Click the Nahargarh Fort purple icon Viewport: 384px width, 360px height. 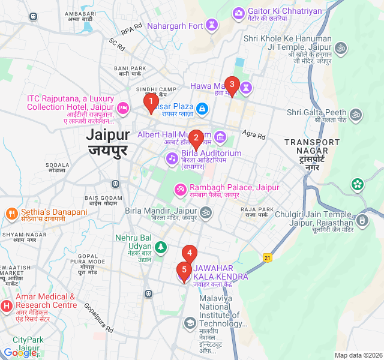[x=211, y=25]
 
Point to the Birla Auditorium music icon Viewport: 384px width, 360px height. [x=172, y=157]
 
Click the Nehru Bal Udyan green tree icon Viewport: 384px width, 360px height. [x=160, y=247]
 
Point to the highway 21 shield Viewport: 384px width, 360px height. [x=267, y=257]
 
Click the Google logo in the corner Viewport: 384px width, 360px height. [x=19, y=353]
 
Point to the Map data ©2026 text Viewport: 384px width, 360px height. [x=358, y=355]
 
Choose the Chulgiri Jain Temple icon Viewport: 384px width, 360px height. [x=362, y=221]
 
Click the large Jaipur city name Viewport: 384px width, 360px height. [x=109, y=134]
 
